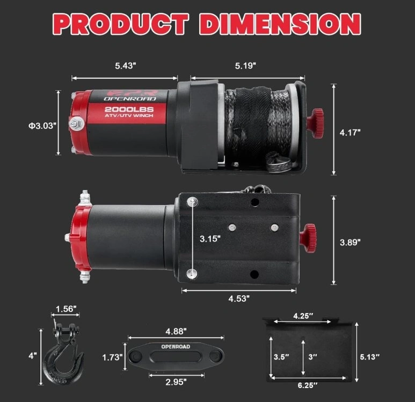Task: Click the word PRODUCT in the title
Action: [x=121, y=24]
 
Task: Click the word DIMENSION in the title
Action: [x=280, y=24]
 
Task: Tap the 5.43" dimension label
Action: [x=126, y=65]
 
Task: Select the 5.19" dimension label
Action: [x=245, y=65]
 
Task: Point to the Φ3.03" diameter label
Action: [x=42, y=126]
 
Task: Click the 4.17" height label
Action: [x=350, y=133]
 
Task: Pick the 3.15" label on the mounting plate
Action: [x=210, y=239]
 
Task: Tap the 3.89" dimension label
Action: [x=350, y=242]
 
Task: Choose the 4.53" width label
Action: [x=239, y=298]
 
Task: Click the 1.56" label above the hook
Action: [x=66, y=309]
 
